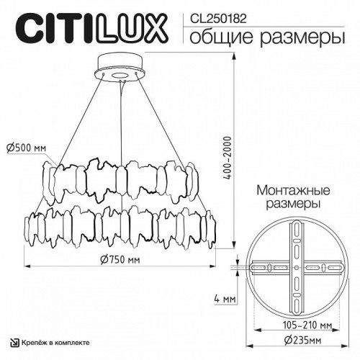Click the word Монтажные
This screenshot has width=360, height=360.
pyautogui.click(x=292, y=192)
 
